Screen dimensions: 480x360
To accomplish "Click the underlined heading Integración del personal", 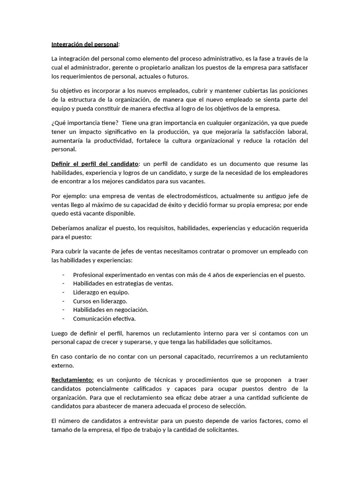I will (x=85, y=45).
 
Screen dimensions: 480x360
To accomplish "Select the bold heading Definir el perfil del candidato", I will (x=95, y=164).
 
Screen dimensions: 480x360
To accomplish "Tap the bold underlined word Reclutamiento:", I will (x=73, y=379).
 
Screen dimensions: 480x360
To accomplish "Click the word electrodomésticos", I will (x=193, y=196).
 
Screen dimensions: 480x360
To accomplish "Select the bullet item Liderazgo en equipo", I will (x=101, y=292).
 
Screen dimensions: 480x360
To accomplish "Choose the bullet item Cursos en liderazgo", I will (x=100, y=301).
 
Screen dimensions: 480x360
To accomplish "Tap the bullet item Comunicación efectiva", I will (x=104, y=319).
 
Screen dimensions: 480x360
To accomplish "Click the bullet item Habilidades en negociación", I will (x=111, y=310).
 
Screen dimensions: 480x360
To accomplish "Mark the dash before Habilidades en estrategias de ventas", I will (x=63, y=284).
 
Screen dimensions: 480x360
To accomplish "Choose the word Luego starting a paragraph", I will (x=60, y=334).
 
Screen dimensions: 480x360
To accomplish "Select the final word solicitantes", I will (x=221, y=430).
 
